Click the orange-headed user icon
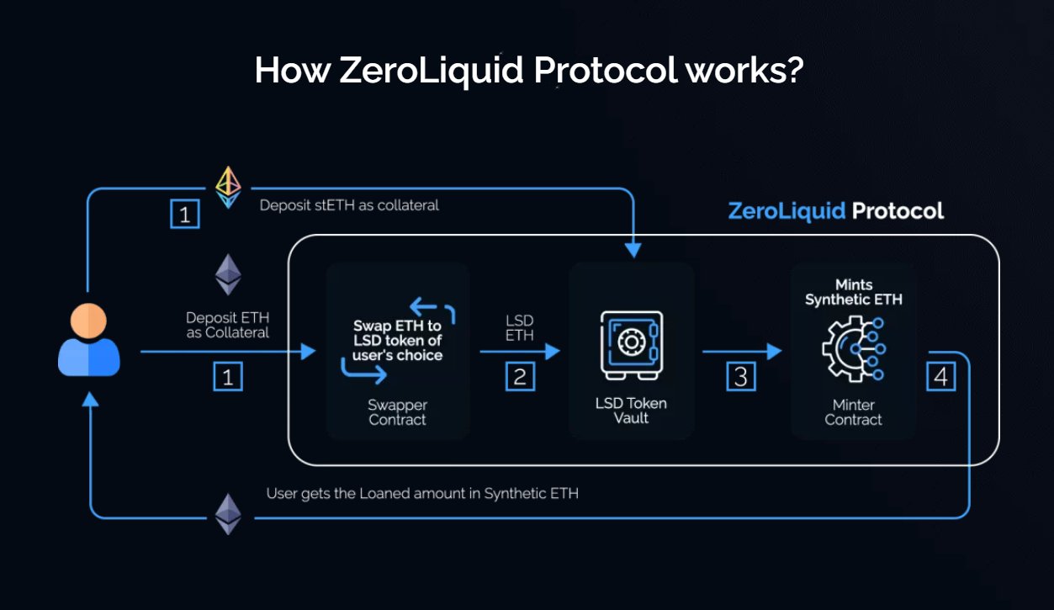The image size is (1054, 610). (x=88, y=340)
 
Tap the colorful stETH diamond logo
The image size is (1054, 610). (x=228, y=186)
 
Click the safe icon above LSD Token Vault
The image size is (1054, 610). (x=631, y=343)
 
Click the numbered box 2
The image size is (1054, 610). (x=520, y=376)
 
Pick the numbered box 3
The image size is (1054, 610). (x=740, y=376)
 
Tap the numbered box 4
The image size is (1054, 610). (x=940, y=376)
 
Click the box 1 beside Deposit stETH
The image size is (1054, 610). (x=185, y=214)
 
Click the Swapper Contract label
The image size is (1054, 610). (x=397, y=412)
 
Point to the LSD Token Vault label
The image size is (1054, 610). (x=631, y=411)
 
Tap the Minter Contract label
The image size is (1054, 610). (x=853, y=412)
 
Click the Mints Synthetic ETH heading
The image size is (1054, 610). (x=853, y=292)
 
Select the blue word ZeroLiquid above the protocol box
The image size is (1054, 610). (x=787, y=210)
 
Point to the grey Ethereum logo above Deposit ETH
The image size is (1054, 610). (x=228, y=275)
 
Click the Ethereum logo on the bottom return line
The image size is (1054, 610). (x=228, y=513)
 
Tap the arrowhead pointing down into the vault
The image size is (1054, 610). (x=633, y=250)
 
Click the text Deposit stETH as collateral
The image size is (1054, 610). (x=349, y=205)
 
